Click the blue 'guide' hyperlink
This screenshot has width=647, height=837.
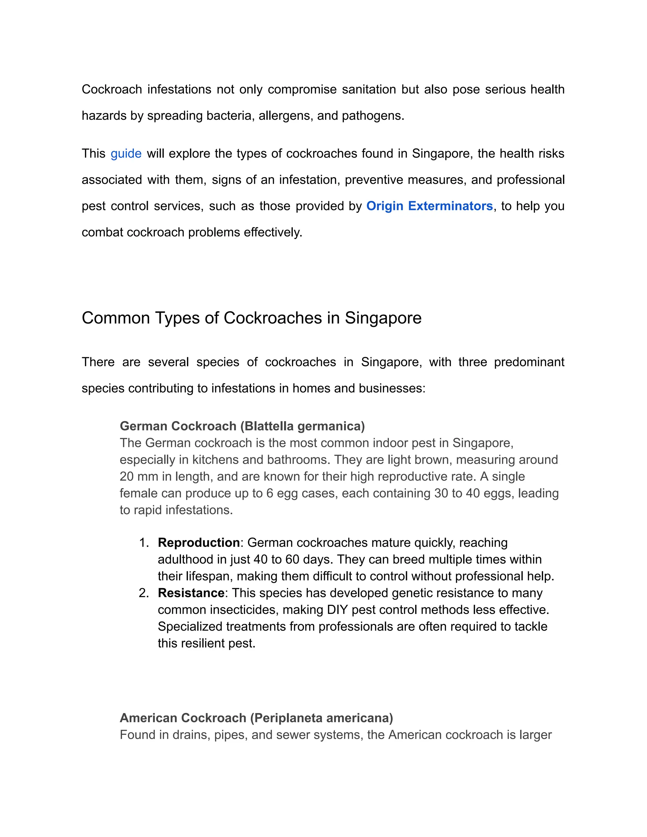point(126,154)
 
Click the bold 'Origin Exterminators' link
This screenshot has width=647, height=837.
point(429,206)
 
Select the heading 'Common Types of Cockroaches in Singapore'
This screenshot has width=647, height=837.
point(251,318)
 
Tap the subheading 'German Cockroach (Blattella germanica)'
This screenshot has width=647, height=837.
point(242,426)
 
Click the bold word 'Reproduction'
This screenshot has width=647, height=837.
point(198,543)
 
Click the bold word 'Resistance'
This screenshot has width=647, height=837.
point(191,593)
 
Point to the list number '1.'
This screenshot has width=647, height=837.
point(144,543)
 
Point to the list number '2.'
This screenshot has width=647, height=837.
point(144,593)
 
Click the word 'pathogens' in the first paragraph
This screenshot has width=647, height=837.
point(372,116)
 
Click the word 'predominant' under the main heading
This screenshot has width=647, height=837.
point(529,362)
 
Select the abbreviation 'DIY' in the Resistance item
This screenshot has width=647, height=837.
point(337,610)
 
